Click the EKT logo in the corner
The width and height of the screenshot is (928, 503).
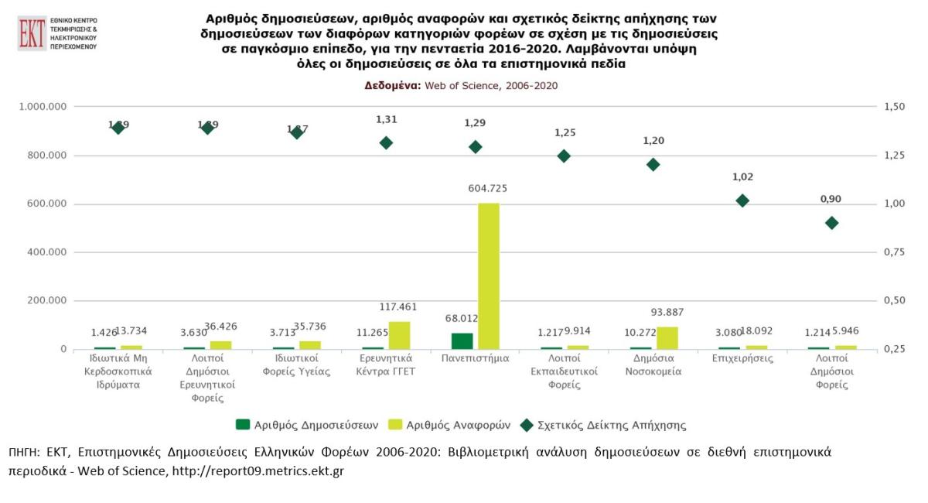pyautogui.click(x=32, y=33)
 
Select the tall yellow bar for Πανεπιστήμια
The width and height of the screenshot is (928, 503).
pyautogui.click(x=489, y=275)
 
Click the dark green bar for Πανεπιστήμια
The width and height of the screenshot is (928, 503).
pyautogui.click(x=462, y=340)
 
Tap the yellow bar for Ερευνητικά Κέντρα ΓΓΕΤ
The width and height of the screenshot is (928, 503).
pyautogui.click(x=399, y=335)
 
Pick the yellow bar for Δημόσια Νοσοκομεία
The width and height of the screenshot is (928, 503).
pyautogui.click(x=667, y=337)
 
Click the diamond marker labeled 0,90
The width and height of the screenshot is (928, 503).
pyautogui.click(x=831, y=223)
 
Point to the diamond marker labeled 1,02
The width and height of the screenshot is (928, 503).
pyautogui.click(x=742, y=200)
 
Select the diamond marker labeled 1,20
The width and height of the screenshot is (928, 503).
pyautogui.click(x=653, y=164)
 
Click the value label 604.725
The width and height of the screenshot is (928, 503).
pyautogui.click(x=488, y=188)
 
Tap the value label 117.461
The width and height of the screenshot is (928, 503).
pyautogui.click(x=399, y=306)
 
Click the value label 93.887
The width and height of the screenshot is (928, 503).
pyautogui.click(x=667, y=312)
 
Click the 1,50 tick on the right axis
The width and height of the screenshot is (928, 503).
pyautogui.click(x=894, y=107)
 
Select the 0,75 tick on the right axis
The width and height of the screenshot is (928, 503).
pyautogui.click(x=894, y=252)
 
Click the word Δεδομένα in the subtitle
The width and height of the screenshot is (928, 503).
pyautogui.click(x=392, y=86)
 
